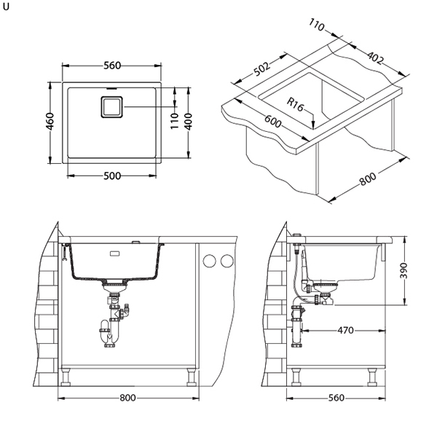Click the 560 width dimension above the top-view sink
point(112,65)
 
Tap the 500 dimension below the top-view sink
point(112,176)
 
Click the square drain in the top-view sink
point(111,108)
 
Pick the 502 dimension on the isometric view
point(262,69)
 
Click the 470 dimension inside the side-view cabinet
point(345,331)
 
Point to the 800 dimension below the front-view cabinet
point(127,398)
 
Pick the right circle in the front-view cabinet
point(227,261)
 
